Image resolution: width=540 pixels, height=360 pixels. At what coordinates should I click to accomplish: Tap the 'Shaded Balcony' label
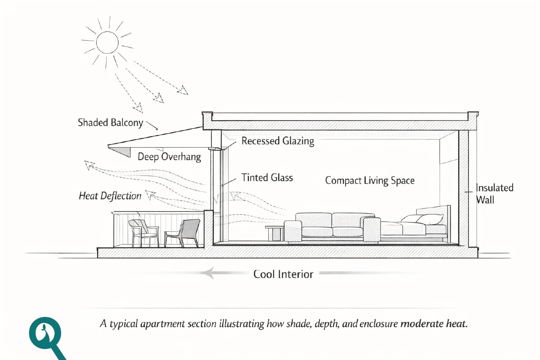click(110, 122)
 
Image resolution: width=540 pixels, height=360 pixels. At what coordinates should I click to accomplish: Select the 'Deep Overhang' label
click(169, 157)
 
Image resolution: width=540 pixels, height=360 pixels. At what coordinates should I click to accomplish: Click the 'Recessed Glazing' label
click(278, 141)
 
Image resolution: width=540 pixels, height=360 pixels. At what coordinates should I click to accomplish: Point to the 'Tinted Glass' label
click(267, 177)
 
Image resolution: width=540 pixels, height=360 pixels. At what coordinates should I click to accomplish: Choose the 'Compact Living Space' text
click(369, 180)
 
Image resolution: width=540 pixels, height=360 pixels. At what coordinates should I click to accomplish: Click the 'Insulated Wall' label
click(494, 193)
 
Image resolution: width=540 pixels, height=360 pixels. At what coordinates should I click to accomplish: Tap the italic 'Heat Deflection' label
click(110, 196)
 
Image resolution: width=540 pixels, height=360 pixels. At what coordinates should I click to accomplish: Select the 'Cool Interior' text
click(283, 274)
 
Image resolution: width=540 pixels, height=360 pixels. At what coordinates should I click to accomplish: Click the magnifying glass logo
click(45, 335)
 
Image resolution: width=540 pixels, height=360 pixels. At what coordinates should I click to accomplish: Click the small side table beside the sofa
click(274, 233)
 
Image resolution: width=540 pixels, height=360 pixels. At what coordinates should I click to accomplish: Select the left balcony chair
click(144, 232)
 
